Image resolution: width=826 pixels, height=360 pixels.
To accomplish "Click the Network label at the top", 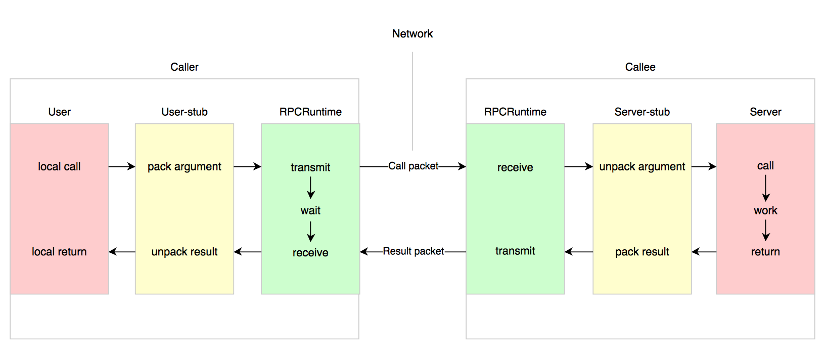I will pyautogui.click(x=412, y=34).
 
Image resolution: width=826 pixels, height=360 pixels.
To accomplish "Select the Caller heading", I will pyautogui.click(x=184, y=67).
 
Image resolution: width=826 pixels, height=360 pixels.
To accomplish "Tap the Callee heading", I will pyautogui.click(x=640, y=67).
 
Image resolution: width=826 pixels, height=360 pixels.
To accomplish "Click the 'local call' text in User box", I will pyautogui.click(x=59, y=166).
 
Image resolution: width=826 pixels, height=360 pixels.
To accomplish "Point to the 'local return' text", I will pyautogui.click(x=59, y=252).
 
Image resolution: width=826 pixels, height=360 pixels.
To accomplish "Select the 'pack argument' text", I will pyautogui.click(x=184, y=166).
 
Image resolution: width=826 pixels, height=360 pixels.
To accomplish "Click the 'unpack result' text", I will pyautogui.click(x=184, y=252).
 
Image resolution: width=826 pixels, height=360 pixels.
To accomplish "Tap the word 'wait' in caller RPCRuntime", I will pyautogui.click(x=310, y=210).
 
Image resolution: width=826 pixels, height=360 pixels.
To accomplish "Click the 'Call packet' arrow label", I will pyautogui.click(x=413, y=166).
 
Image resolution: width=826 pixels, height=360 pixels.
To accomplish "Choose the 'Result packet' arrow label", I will pyautogui.click(x=413, y=251).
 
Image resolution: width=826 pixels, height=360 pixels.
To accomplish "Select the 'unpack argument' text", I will pyautogui.click(x=642, y=166).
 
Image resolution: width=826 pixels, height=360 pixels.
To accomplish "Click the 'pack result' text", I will pyautogui.click(x=642, y=252).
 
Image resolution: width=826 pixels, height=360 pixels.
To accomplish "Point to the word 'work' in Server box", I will pyautogui.click(x=765, y=210).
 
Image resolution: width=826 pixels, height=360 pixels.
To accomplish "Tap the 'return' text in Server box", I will pyautogui.click(x=765, y=252).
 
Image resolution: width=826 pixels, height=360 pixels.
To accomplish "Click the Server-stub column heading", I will pyautogui.click(x=642, y=112).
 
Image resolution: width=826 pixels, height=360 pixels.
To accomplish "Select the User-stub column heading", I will pyautogui.click(x=184, y=112).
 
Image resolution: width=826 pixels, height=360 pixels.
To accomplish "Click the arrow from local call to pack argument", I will pyautogui.click(x=122, y=166).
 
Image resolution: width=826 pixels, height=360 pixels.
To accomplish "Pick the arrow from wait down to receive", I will pyautogui.click(x=311, y=232).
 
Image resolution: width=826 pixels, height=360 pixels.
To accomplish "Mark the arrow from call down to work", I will pyautogui.click(x=766, y=188).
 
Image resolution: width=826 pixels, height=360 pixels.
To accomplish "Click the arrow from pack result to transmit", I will pyautogui.click(x=579, y=252).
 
